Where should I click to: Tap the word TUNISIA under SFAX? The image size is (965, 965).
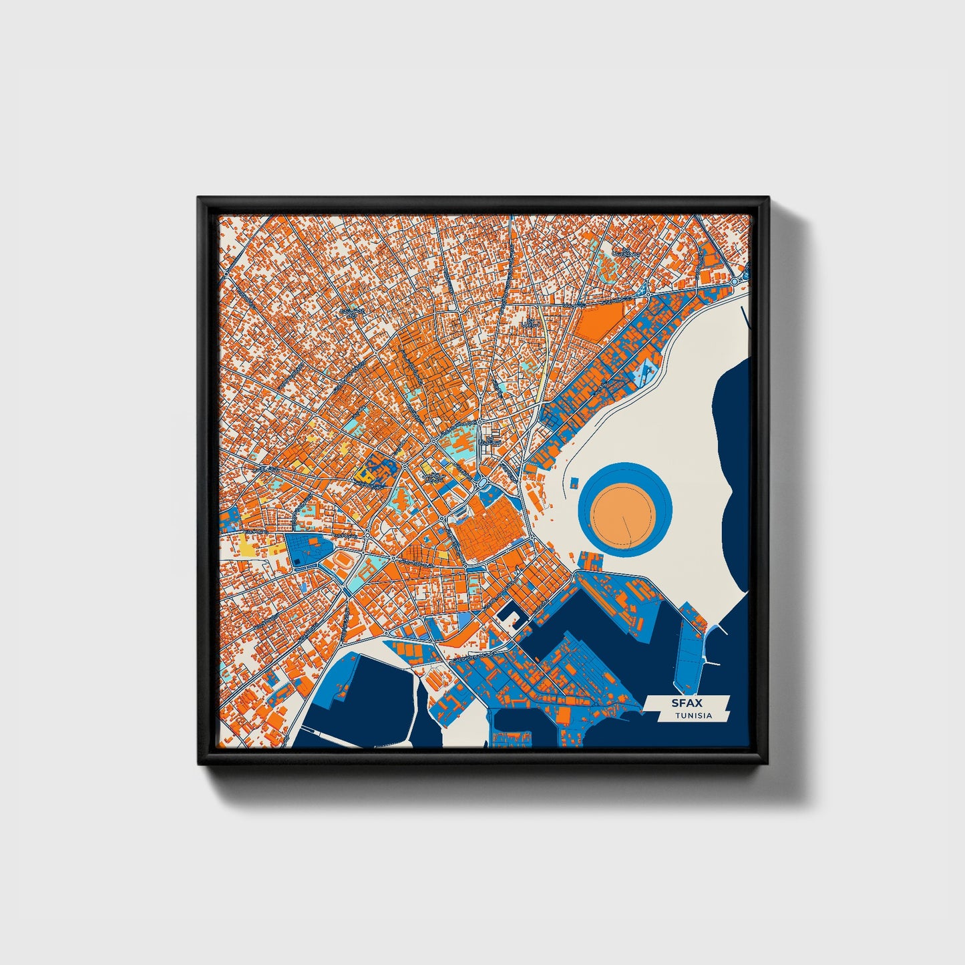click(693, 716)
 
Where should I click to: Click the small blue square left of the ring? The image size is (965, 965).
click(573, 482)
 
